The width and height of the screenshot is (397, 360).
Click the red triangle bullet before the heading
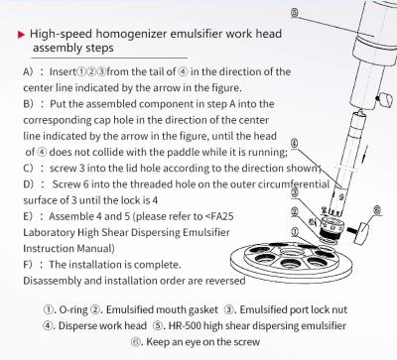click(21, 35)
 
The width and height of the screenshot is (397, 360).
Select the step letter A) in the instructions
click(28, 71)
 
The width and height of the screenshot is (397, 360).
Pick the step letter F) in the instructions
click(28, 265)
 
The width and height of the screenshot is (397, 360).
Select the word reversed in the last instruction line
click(225, 281)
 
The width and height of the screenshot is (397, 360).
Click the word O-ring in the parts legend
click(73, 310)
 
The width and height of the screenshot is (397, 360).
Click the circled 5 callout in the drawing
click(295, 13)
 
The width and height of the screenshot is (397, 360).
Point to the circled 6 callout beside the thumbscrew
click(377, 209)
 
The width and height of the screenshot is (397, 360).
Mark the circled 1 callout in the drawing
click(295, 231)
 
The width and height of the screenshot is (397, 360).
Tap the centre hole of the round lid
click(290, 253)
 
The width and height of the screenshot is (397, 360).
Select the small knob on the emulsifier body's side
click(384, 99)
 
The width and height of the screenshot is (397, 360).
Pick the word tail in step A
click(157, 71)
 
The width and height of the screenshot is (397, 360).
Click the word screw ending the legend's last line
click(246, 342)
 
